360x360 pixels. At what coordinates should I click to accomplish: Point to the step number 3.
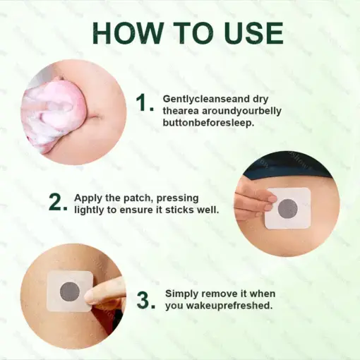[x=145, y=299]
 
